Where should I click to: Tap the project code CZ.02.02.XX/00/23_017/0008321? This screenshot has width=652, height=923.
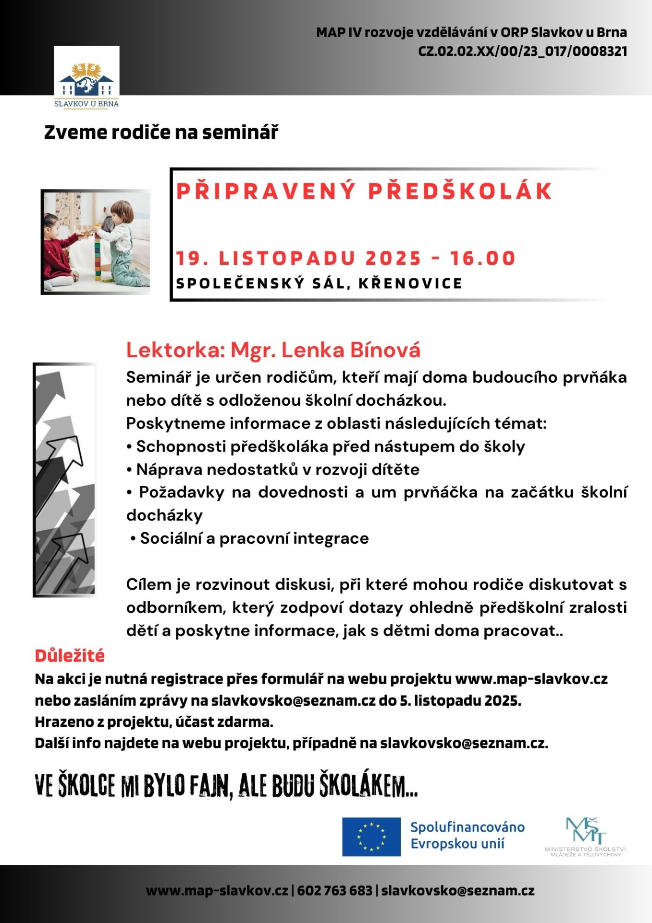click(x=523, y=51)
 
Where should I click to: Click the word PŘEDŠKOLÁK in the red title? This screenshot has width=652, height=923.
click(x=460, y=191)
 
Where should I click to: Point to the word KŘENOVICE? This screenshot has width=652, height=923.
click(x=410, y=284)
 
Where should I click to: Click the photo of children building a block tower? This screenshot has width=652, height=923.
click(x=96, y=242)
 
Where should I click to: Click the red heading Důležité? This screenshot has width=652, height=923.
click(x=70, y=656)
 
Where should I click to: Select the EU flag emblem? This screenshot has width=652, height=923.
click(x=371, y=836)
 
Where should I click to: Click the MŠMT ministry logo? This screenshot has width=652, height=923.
click(x=586, y=836)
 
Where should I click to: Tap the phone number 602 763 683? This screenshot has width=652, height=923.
click(x=334, y=891)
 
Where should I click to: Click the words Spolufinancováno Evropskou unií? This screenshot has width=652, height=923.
click(x=467, y=836)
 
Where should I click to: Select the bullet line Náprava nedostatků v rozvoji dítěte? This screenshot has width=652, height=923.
click(x=278, y=470)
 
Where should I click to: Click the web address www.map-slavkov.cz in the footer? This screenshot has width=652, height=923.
click(x=217, y=891)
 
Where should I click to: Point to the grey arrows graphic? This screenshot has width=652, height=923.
click(x=65, y=480)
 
